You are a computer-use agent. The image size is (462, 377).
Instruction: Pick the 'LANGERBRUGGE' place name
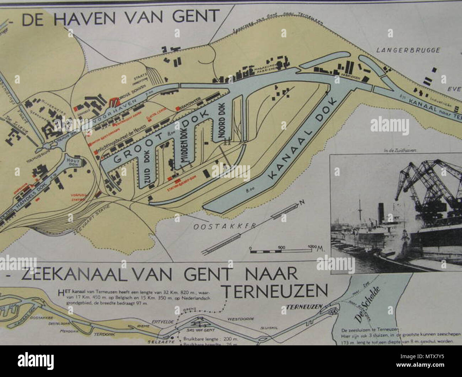[x=408, y=50]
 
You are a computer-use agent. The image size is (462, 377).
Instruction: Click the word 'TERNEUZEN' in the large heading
[x=274, y=291]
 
